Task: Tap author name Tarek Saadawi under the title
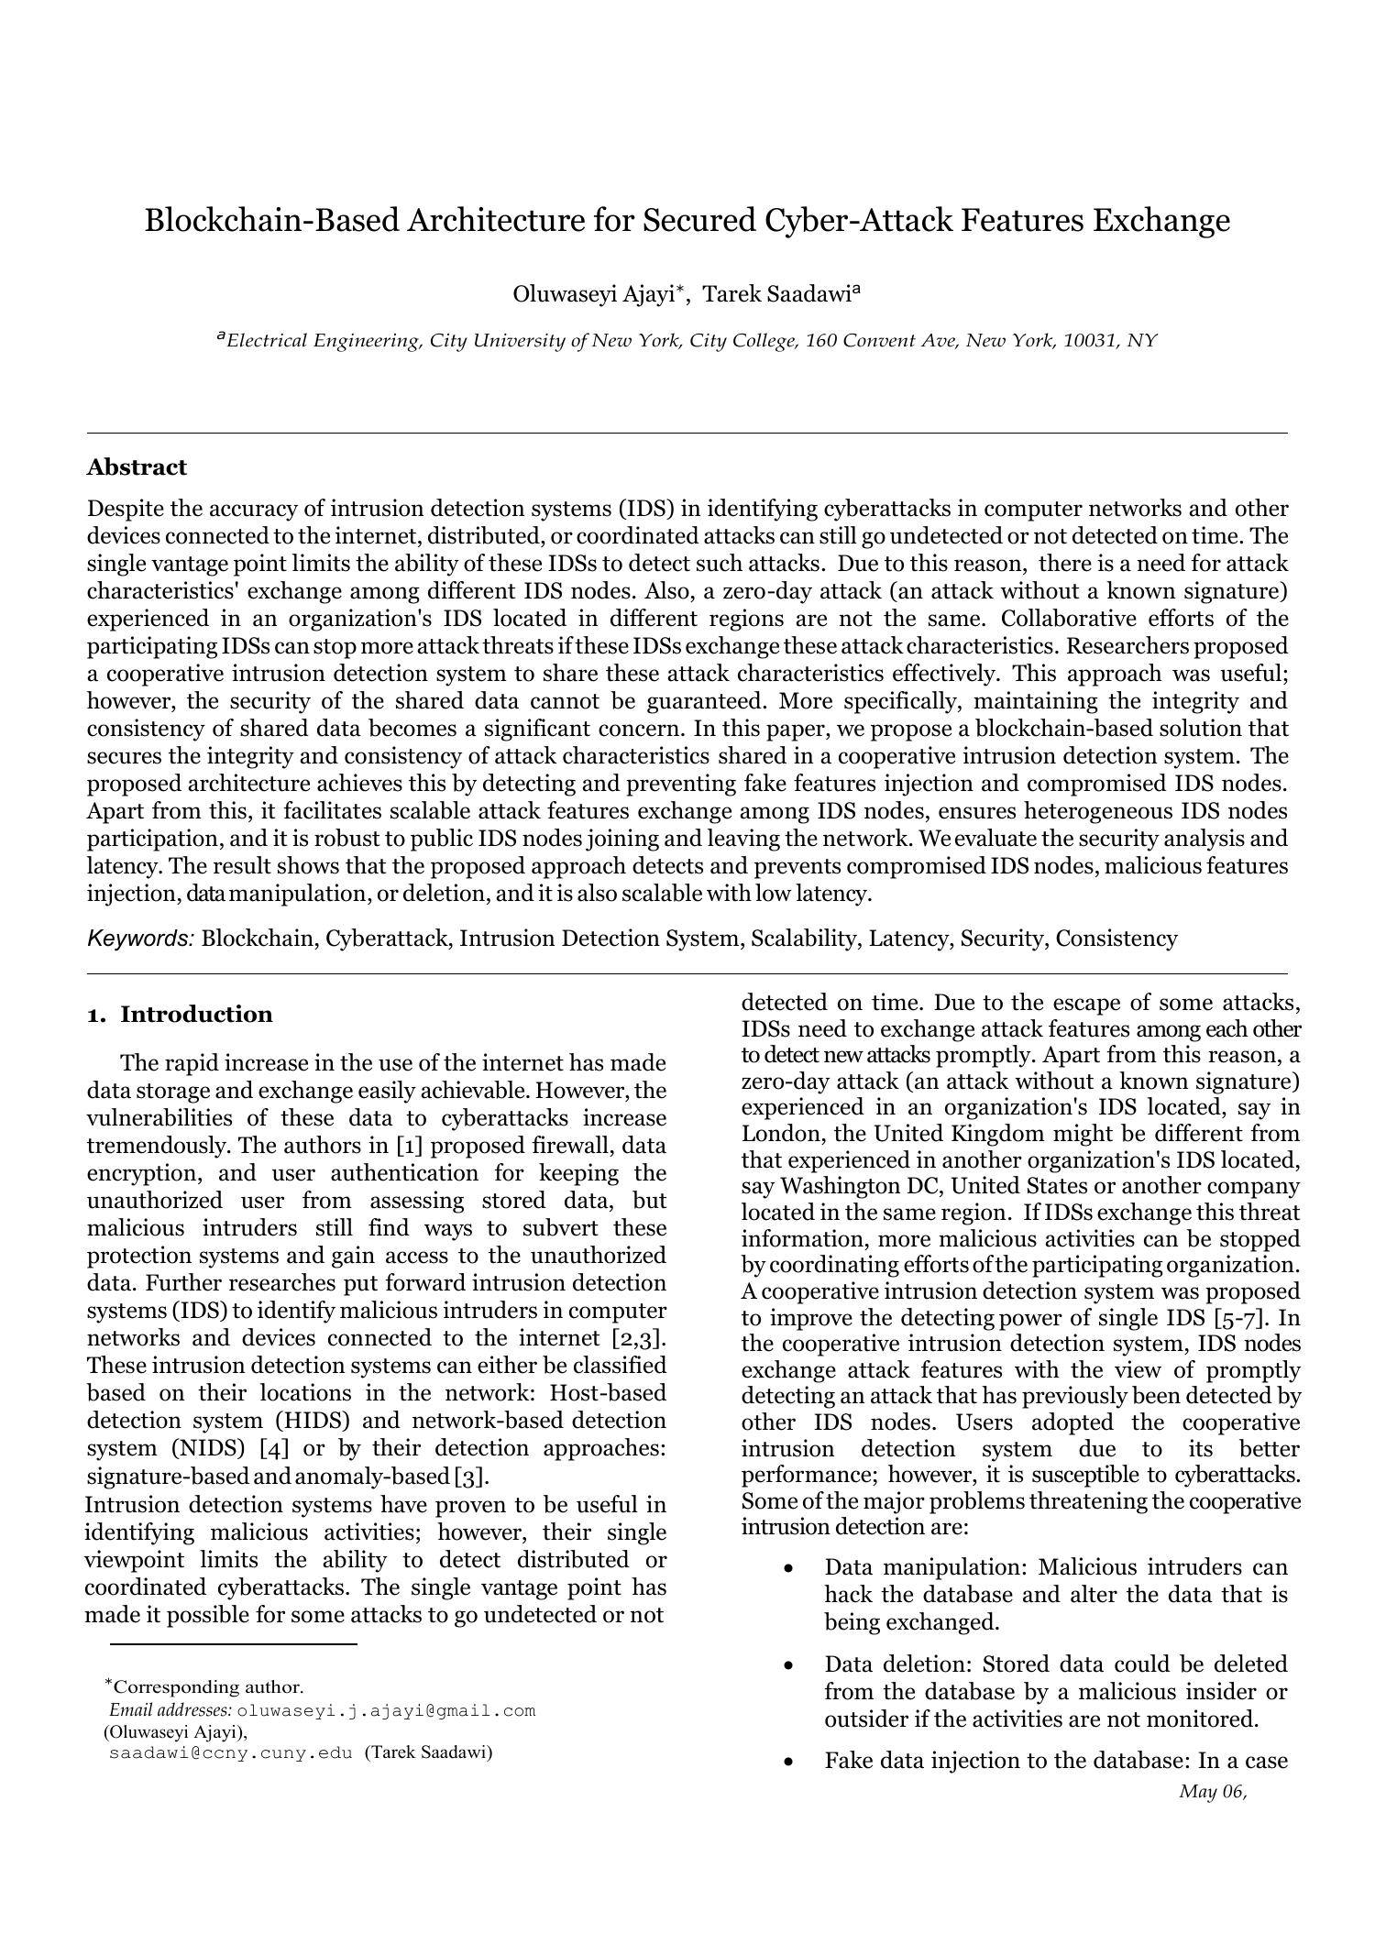click(777, 294)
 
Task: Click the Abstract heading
click(137, 467)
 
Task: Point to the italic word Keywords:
click(140, 939)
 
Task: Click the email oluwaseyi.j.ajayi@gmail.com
click(386, 1711)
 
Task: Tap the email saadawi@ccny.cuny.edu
click(230, 1753)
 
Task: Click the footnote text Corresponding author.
click(209, 1687)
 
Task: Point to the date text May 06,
click(1213, 1792)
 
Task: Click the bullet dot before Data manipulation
click(788, 1569)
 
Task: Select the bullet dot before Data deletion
click(788, 1665)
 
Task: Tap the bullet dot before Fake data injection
click(788, 1762)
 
